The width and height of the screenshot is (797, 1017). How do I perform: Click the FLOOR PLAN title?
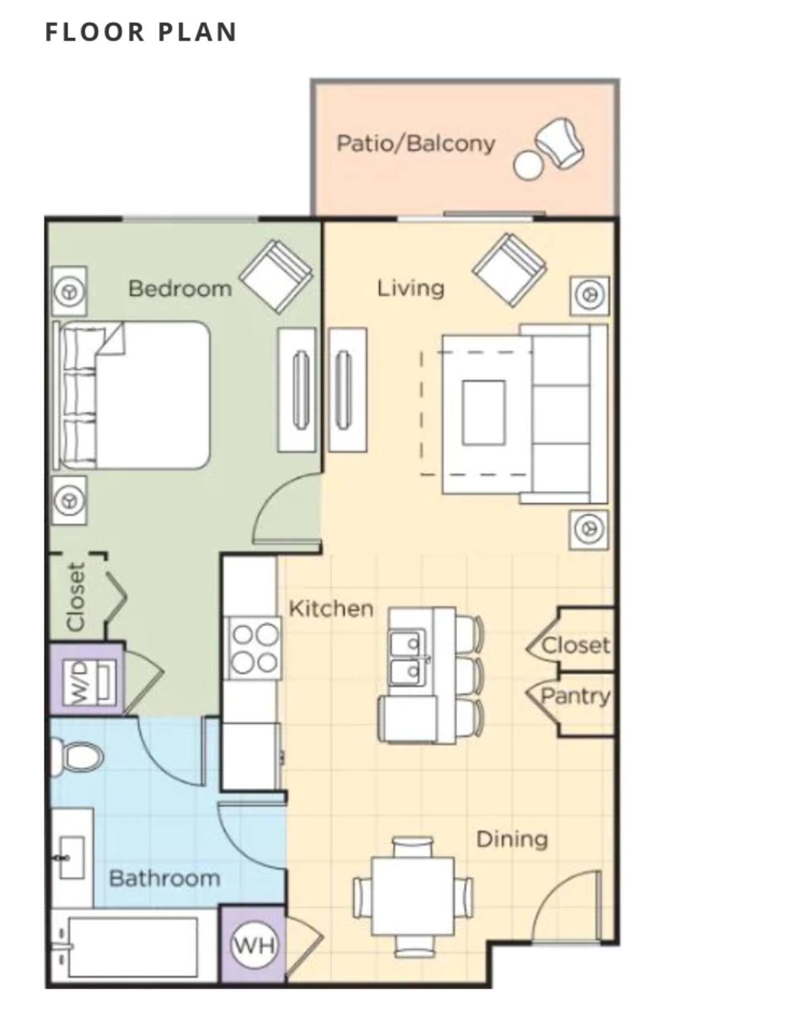(141, 32)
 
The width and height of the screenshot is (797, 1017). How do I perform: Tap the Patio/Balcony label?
(416, 143)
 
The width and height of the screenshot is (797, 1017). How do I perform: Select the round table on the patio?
(528, 164)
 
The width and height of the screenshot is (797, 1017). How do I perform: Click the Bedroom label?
(180, 288)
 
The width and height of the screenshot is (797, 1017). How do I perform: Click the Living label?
(411, 288)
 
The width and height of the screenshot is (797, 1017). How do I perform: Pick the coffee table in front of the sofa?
(484, 412)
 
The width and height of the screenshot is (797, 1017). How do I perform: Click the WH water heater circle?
(254, 944)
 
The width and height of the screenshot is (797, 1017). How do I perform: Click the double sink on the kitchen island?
(408, 658)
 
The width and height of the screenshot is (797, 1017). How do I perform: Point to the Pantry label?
(576, 696)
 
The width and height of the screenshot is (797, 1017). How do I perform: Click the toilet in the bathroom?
(77, 756)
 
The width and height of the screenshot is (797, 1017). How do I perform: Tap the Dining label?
(512, 839)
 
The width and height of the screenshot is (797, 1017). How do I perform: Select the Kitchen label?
(331, 608)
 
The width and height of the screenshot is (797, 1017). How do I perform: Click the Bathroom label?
(164, 878)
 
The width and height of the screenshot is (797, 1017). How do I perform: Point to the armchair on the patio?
(560, 143)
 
